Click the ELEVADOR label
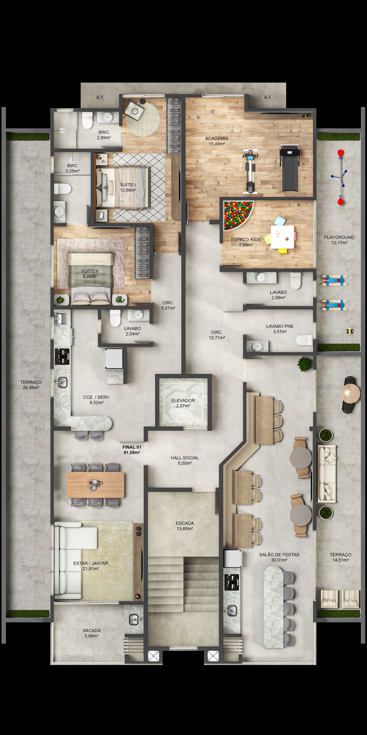[x=183, y=401]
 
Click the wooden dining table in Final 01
[x=95, y=485]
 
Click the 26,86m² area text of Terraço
[x=31, y=388]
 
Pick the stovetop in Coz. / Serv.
[x=62, y=357]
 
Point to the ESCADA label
[x=185, y=523]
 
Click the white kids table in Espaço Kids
[x=282, y=237]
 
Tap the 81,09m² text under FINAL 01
[x=132, y=452]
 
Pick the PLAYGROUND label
[x=339, y=237]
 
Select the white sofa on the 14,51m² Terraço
[x=327, y=474]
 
